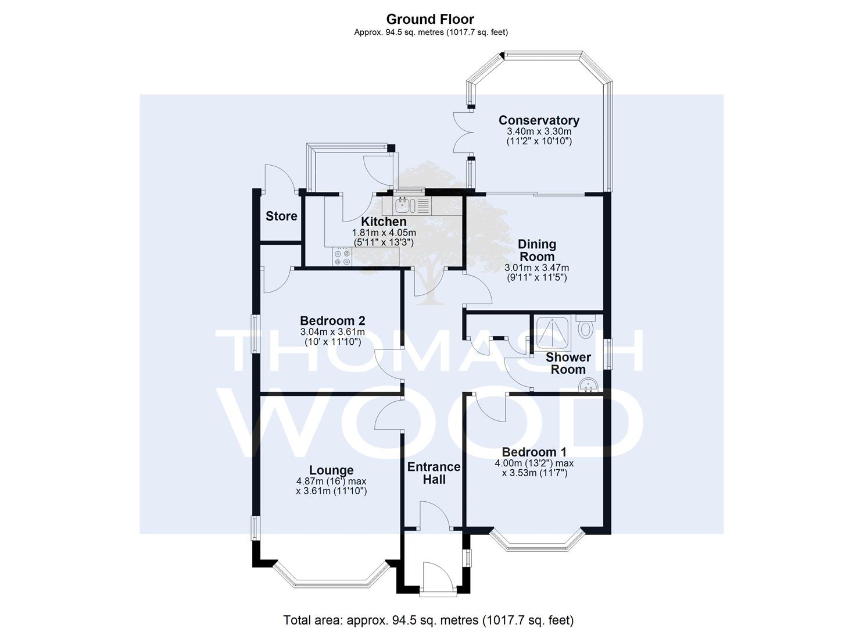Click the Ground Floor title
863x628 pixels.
pos(430,19)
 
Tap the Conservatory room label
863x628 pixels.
pos(539,120)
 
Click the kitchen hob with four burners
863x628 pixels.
pos(342,257)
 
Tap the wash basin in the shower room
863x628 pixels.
pos(588,385)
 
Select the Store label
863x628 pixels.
pos(281,216)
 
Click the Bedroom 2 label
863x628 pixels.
pos(332,320)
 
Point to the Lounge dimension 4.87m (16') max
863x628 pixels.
pos(331,481)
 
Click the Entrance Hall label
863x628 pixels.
pos(434,473)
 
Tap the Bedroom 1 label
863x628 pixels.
pos(534,452)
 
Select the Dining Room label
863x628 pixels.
pos(536,250)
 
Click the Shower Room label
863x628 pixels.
pos(568,363)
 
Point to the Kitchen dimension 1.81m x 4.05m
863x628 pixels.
pos(384,233)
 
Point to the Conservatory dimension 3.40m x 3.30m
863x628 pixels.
pos(539,131)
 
